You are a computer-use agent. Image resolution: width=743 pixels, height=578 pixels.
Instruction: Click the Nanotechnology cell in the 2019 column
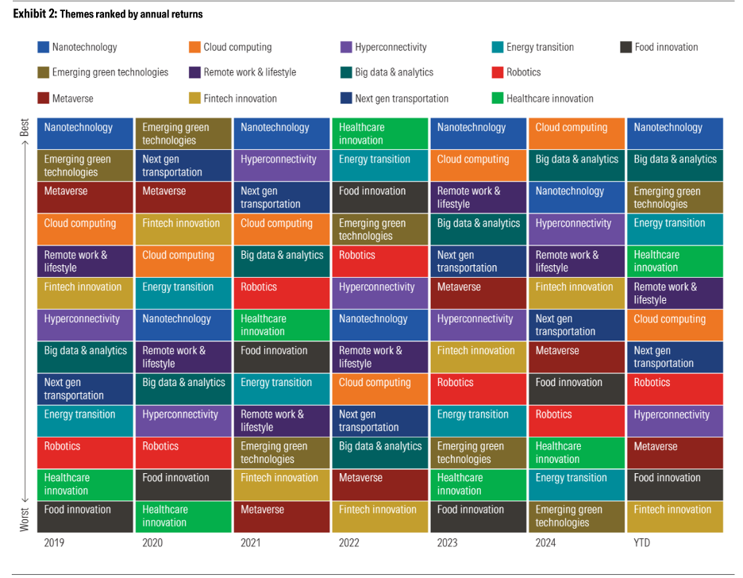point(86,133)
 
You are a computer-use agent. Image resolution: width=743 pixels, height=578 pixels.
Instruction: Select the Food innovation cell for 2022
point(380,197)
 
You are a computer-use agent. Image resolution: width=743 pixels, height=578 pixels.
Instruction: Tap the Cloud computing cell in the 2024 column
point(577,133)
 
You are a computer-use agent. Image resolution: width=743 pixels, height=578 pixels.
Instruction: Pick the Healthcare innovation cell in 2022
point(380,133)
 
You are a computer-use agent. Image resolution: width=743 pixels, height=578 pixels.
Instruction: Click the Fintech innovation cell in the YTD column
point(676,516)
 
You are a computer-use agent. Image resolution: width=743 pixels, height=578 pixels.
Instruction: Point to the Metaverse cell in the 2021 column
point(282,516)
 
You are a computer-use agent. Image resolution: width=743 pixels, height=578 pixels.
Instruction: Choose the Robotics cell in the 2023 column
point(479,388)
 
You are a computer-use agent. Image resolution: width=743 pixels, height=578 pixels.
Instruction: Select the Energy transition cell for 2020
point(183,293)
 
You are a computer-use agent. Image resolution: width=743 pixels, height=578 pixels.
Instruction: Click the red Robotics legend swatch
point(498,72)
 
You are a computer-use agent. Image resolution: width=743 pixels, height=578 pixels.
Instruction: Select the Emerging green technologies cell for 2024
point(577,516)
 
